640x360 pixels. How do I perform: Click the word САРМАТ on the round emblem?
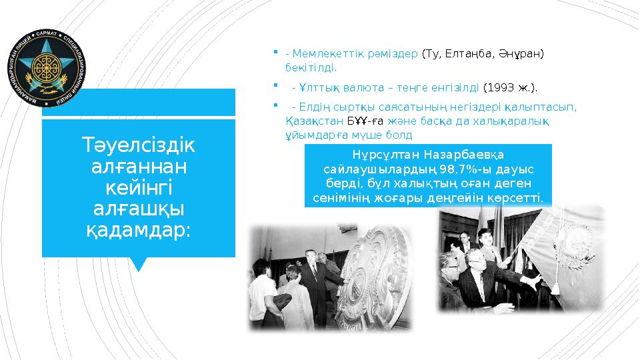[x=51, y=32]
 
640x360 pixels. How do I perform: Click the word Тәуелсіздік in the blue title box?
[x=139, y=144]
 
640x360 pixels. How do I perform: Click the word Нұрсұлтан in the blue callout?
[x=381, y=155]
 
